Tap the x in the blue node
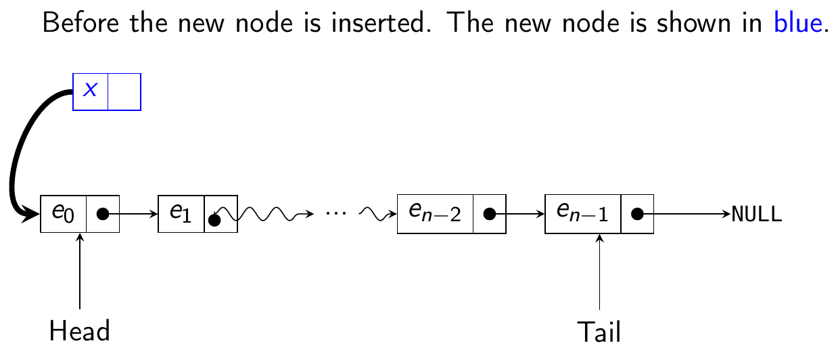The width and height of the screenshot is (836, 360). point(90,91)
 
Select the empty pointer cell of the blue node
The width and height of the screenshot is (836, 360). point(124,91)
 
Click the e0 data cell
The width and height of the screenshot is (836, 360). point(64,214)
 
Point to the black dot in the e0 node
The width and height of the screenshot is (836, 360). point(103,214)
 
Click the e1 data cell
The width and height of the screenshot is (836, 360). point(181,214)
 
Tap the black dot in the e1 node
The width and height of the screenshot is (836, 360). point(214,219)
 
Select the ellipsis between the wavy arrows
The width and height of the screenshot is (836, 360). point(335,212)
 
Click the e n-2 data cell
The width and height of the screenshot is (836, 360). point(434,214)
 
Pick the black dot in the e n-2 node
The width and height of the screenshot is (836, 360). point(489,214)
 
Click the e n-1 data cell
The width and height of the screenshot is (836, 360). point(582,214)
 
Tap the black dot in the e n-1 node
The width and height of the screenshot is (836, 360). point(636,214)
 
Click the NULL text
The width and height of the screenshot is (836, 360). point(757,215)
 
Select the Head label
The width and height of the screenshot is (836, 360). point(80,332)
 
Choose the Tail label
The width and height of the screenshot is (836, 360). point(599,332)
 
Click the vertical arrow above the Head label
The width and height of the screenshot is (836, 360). point(80,271)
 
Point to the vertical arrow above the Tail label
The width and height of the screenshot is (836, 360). point(599,271)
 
